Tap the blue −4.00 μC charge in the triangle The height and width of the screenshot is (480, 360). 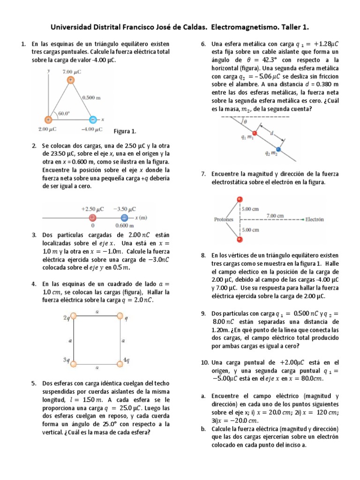pyautogui.click(x=93, y=119)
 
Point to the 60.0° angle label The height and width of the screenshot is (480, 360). pyautogui.click(x=63, y=113)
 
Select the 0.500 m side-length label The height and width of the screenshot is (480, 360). pyautogui.click(x=91, y=98)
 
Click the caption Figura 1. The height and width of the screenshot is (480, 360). pyautogui.click(x=125, y=131)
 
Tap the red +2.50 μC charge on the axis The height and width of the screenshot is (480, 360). pyautogui.click(x=93, y=218)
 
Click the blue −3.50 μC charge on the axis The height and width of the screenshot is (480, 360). pyautogui.click(x=124, y=218)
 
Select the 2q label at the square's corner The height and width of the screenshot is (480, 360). pyautogui.click(x=67, y=318)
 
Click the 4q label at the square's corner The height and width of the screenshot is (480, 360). pyautogui.click(x=126, y=360)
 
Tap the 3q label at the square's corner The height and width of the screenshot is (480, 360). pyautogui.click(x=67, y=360)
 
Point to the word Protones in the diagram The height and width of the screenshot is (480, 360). pyautogui.click(x=224, y=219)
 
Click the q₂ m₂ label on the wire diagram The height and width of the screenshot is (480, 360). pyautogui.click(x=271, y=153)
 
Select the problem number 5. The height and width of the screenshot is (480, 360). pyautogui.click(x=34, y=383)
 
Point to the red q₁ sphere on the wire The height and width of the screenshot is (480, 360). pyautogui.click(x=255, y=133)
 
